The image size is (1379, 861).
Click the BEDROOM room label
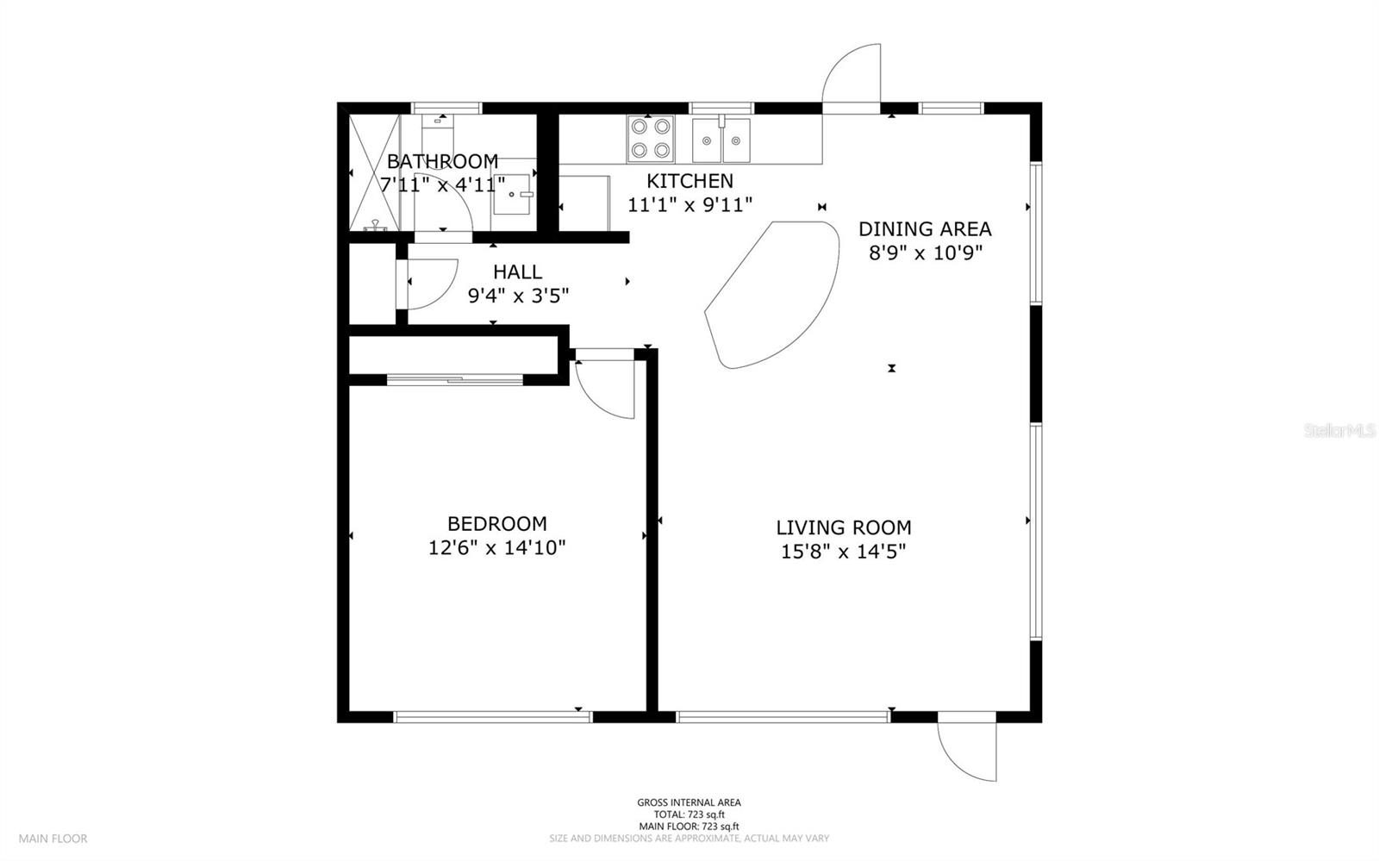[496, 524]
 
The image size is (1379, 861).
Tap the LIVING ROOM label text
[844, 527]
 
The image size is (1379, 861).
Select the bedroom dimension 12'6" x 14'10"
[496, 547]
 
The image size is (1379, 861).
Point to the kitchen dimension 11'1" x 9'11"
[689, 204]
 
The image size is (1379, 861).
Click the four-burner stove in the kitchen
[651, 139]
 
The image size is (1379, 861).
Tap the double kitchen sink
[721, 140]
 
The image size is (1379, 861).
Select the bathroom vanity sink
[512, 194]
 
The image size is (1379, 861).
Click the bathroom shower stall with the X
[374, 172]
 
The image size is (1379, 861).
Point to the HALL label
[518, 272]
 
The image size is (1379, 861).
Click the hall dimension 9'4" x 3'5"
[518, 296]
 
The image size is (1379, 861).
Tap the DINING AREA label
[925, 229]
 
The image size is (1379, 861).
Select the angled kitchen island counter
[772, 295]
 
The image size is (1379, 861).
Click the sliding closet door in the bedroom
[455, 380]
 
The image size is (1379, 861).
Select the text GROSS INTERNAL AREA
[689, 802]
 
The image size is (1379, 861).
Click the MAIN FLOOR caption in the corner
[53, 839]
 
